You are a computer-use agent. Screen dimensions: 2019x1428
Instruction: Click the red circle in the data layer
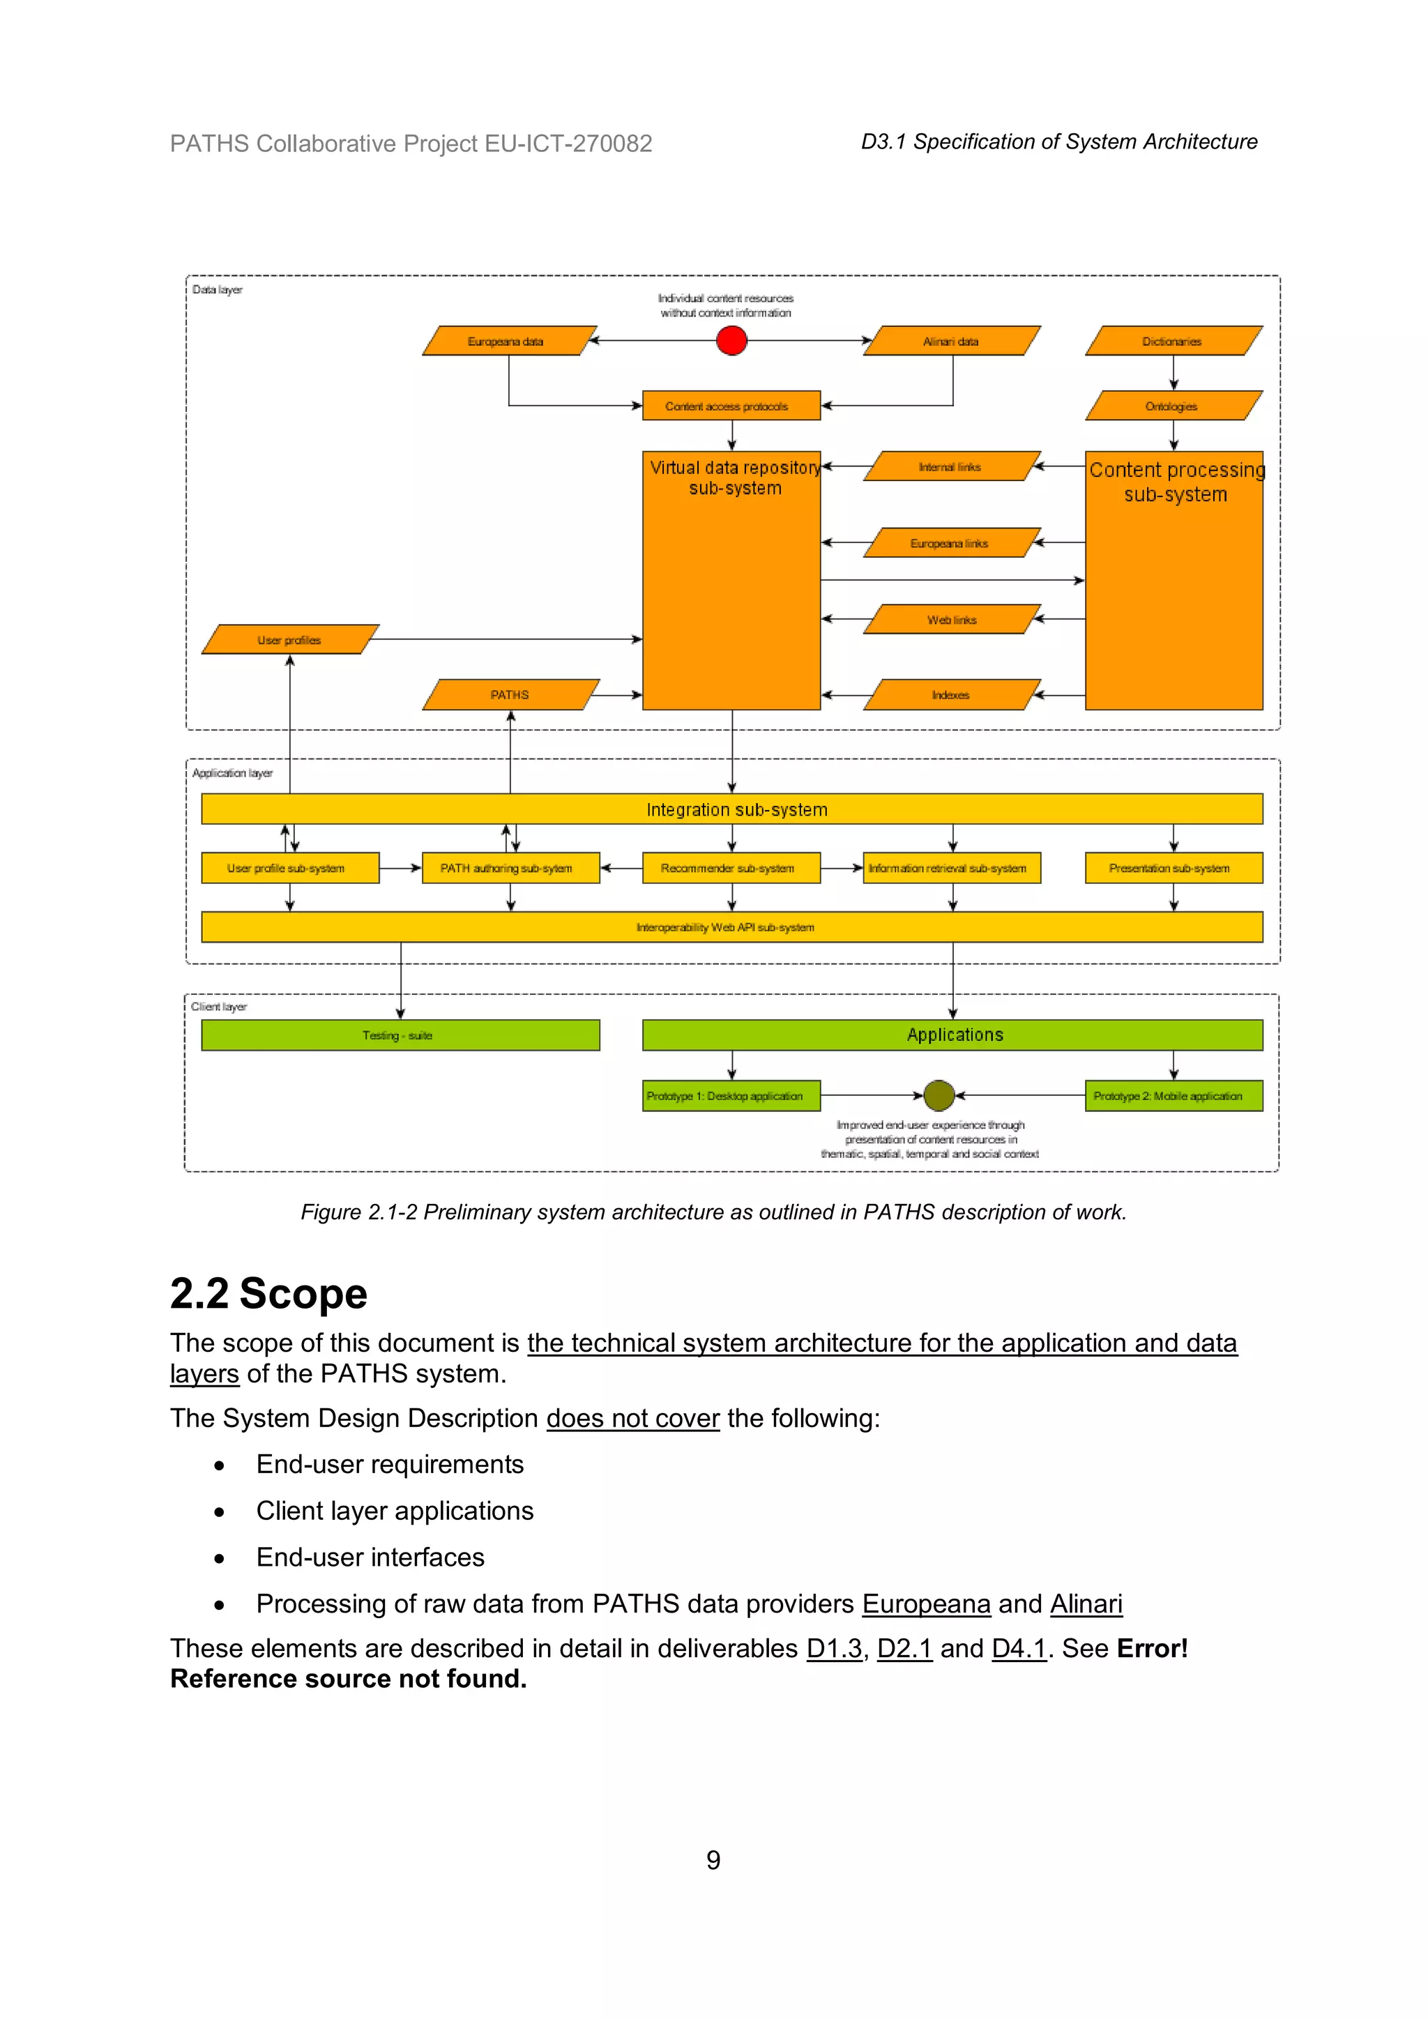point(731,340)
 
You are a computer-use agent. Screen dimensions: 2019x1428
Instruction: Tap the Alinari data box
point(951,341)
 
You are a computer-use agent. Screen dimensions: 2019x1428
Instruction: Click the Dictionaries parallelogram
point(1173,341)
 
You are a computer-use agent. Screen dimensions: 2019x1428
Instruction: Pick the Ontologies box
point(1173,406)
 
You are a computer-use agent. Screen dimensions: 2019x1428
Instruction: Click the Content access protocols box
point(731,406)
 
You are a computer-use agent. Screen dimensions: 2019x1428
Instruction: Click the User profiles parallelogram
point(290,640)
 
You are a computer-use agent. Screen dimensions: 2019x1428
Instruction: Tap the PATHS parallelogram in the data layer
point(510,694)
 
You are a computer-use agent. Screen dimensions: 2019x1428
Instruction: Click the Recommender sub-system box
point(731,868)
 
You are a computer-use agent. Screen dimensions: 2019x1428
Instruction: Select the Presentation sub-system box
point(1173,868)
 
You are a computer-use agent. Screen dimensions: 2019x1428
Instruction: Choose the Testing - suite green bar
point(400,1035)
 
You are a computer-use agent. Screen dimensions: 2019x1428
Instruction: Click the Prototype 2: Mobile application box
point(1173,1096)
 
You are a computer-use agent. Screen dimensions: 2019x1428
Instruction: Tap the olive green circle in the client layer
point(939,1096)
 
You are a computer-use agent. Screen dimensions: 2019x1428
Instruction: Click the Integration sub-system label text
point(737,810)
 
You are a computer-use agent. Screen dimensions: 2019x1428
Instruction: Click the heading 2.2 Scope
point(268,1293)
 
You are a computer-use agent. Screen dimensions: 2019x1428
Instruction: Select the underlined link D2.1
point(904,1649)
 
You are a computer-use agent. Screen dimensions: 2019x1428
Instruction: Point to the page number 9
point(713,1860)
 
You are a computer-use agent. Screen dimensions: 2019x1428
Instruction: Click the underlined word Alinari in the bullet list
point(1086,1604)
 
